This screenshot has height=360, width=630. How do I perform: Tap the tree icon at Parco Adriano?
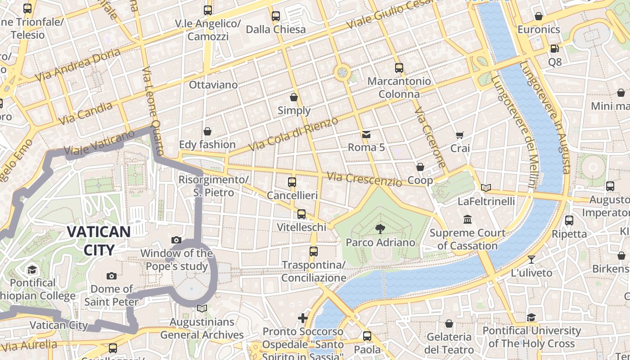coord(380,229)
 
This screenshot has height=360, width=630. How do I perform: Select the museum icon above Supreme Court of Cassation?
coord(468,220)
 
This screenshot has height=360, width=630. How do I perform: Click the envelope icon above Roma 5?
coord(366,134)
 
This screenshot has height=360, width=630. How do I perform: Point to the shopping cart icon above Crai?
coord(459,135)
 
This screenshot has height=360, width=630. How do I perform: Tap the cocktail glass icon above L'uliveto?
coord(531,259)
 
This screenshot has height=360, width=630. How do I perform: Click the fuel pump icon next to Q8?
coord(554,48)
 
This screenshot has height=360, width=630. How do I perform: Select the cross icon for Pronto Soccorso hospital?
coord(303,318)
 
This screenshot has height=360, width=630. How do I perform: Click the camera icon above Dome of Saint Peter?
coord(111,276)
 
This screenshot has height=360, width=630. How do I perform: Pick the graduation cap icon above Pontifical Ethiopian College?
coord(32,270)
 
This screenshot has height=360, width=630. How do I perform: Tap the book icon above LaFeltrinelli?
coord(486,188)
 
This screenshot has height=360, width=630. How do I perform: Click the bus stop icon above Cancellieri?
coord(292,182)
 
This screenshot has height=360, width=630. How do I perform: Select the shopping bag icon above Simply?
coord(294,97)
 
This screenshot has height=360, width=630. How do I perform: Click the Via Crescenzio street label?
coord(364,179)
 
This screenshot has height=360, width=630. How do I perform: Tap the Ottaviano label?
coord(213,85)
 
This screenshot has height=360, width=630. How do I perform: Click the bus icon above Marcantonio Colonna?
coord(399,68)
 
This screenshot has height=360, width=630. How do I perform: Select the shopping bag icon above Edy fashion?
coord(207,131)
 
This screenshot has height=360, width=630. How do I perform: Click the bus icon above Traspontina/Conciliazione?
coord(314,251)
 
